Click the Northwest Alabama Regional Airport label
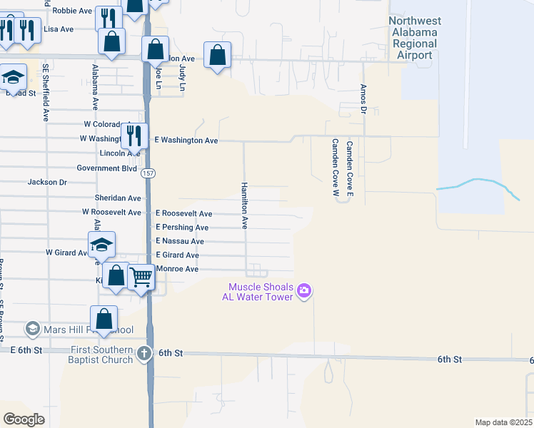(421, 38)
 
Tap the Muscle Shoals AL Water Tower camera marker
(305, 290)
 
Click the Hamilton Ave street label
(244, 205)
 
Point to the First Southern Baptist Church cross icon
(144, 353)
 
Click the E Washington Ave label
(186, 141)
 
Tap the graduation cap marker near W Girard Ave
(102, 245)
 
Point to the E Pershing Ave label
(182, 228)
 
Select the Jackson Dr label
(47, 182)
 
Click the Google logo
(24, 419)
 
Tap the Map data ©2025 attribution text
(503, 422)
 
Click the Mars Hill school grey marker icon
(32, 329)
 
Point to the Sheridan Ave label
(118, 198)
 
